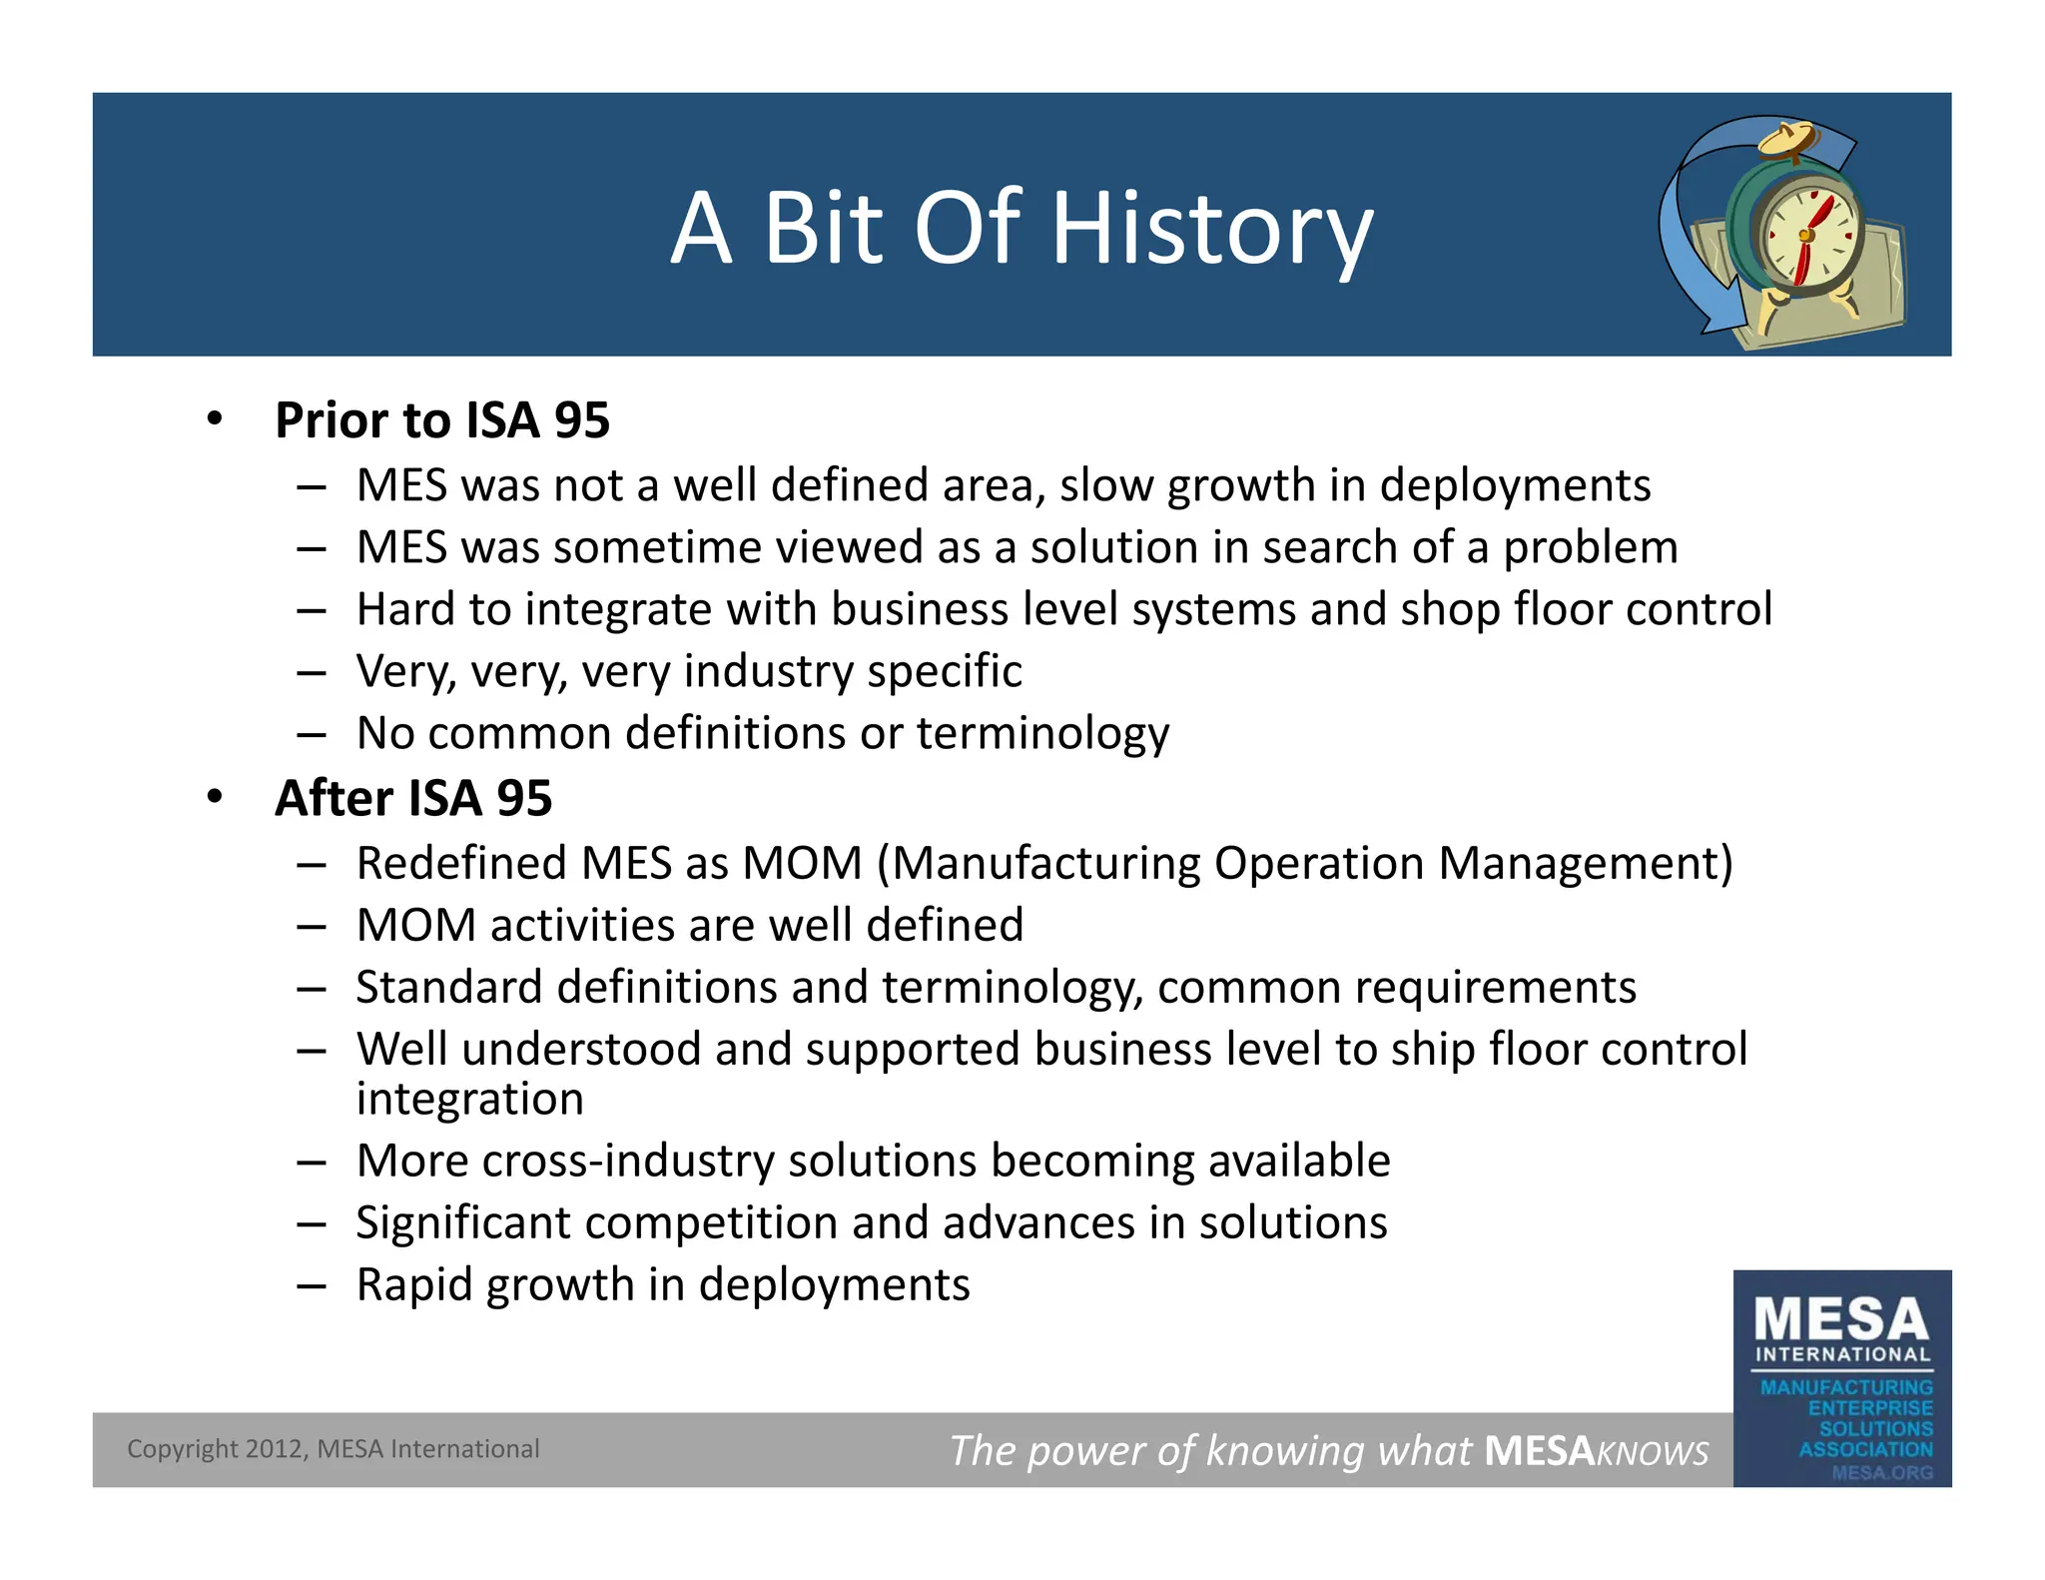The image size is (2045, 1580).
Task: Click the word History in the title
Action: click(1212, 229)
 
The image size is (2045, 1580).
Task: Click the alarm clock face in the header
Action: click(1807, 236)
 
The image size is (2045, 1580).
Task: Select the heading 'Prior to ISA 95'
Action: click(441, 419)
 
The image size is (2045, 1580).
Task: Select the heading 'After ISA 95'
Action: click(412, 798)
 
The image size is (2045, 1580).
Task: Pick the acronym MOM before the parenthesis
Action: click(802, 863)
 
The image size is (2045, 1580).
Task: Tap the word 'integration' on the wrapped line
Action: click(469, 1099)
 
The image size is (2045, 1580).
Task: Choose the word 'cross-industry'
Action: click(627, 1161)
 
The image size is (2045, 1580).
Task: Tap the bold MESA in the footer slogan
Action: click(1539, 1450)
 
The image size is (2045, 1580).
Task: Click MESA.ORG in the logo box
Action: click(1881, 1472)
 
